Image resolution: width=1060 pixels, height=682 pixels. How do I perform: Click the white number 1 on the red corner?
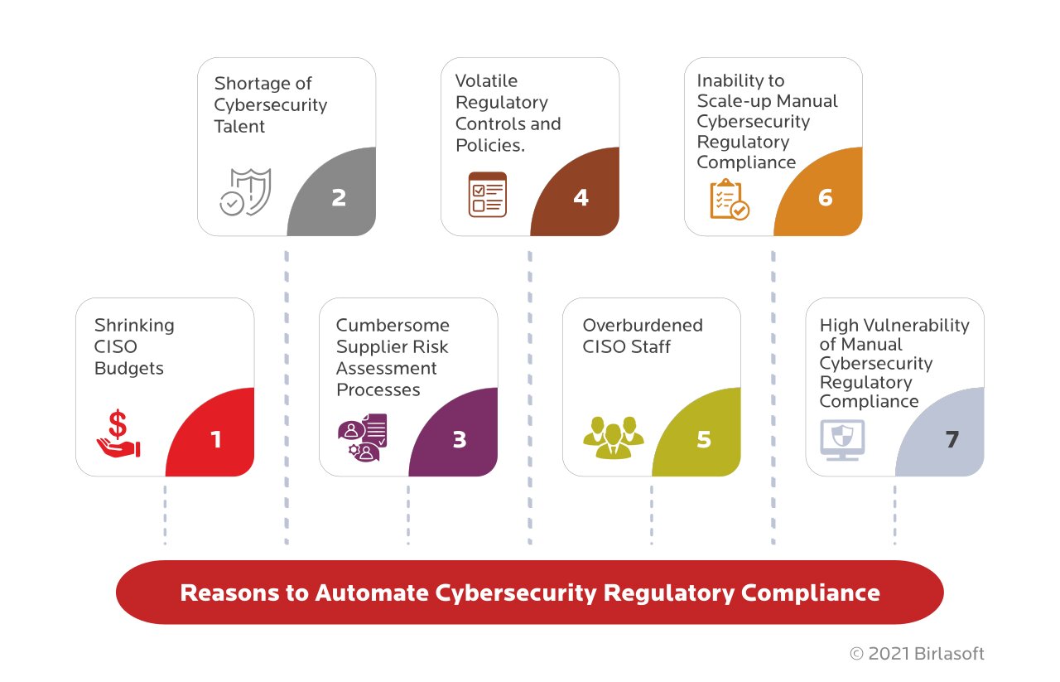(x=216, y=439)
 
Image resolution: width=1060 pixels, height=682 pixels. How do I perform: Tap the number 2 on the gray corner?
(x=338, y=199)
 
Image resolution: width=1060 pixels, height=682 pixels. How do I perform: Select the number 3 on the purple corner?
(x=460, y=439)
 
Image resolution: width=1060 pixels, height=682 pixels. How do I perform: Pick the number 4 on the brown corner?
(x=581, y=199)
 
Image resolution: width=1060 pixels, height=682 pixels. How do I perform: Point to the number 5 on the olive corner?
(x=703, y=439)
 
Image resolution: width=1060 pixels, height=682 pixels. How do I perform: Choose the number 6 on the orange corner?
(x=825, y=199)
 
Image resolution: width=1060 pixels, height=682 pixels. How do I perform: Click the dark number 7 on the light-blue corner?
(x=952, y=439)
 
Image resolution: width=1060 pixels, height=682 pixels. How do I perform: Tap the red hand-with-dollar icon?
(x=118, y=434)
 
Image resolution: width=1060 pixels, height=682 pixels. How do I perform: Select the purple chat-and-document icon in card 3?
(x=363, y=436)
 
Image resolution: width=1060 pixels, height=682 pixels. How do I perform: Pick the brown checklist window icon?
(x=487, y=195)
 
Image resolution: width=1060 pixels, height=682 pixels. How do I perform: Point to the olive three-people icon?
(x=613, y=437)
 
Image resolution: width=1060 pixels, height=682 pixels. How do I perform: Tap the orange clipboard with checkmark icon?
(x=729, y=199)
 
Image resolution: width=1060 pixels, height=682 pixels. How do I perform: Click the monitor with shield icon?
(x=841, y=439)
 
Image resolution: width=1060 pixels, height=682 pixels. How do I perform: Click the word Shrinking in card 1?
(x=134, y=325)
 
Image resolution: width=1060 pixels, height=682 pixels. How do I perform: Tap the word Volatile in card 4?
(x=486, y=80)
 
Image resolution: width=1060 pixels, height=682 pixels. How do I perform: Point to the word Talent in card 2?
(x=239, y=126)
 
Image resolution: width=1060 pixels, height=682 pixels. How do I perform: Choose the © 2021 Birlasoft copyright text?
(x=917, y=654)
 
